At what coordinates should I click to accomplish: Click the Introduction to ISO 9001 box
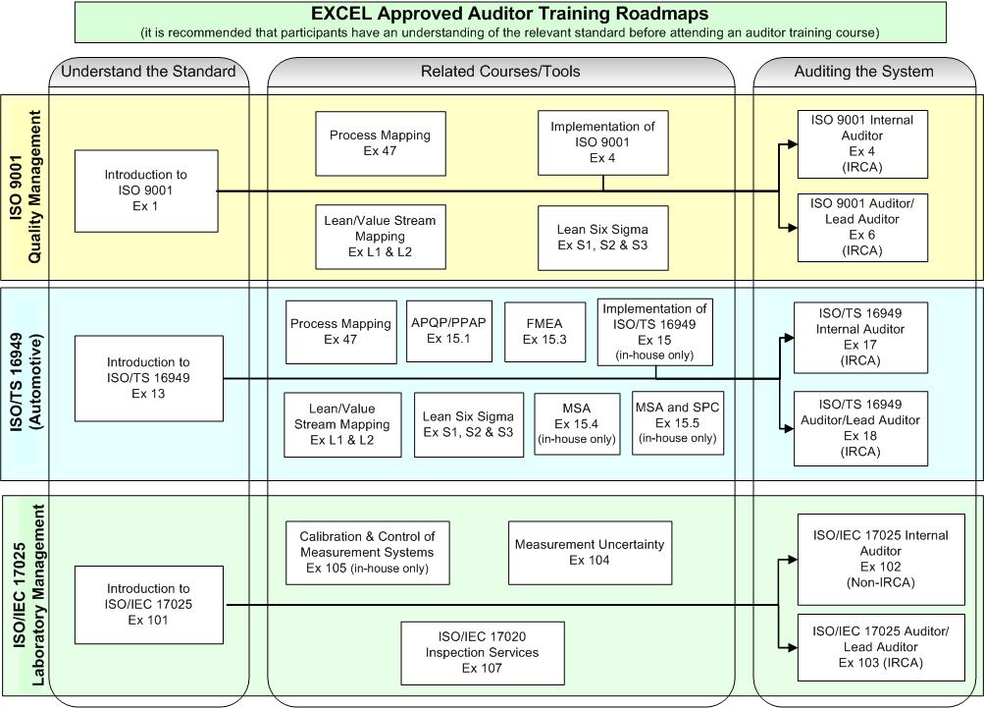tap(146, 191)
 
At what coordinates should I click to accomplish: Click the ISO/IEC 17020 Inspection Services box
tap(482, 653)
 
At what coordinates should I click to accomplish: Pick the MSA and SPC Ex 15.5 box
tap(677, 422)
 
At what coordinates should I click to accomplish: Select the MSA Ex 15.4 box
tap(576, 423)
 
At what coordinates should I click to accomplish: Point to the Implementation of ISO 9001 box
tap(602, 142)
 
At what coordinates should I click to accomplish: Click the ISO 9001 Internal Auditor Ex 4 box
tap(862, 144)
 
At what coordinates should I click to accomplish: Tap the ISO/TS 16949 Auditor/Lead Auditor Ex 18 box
tap(859, 427)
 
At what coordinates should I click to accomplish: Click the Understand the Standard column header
tap(148, 72)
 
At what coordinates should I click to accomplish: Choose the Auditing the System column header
tap(863, 72)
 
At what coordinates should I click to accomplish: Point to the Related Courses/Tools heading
tap(500, 72)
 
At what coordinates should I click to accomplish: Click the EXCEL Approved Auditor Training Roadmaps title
tap(509, 15)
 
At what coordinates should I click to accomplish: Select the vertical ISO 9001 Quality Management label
tap(26, 187)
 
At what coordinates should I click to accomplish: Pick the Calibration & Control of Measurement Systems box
tap(367, 552)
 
